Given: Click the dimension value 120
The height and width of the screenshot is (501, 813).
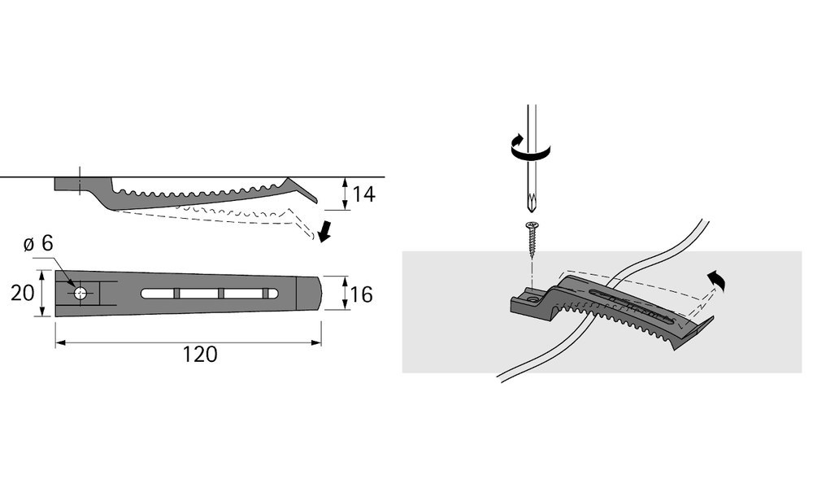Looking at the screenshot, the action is click(200, 355).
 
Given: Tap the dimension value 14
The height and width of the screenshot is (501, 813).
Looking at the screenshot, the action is click(363, 194).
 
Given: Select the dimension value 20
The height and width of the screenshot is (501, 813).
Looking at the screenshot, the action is click(22, 294).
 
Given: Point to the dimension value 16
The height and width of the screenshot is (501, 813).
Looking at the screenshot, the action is click(362, 294).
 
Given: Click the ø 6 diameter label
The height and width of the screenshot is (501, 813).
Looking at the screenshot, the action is click(38, 243).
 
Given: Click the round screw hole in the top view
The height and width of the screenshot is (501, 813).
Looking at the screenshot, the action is click(80, 293).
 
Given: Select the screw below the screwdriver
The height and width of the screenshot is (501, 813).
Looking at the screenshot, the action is click(532, 237).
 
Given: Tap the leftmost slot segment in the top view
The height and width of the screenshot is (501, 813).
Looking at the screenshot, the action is click(157, 294).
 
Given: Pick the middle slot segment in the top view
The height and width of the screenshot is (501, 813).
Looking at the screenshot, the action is click(199, 294).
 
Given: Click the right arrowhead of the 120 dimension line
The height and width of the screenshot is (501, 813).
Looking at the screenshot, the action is click(316, 342).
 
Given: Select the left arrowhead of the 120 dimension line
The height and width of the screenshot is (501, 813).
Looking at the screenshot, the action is click(61, 342).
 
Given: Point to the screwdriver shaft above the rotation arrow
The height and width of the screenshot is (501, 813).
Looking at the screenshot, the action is click(532, 120).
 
